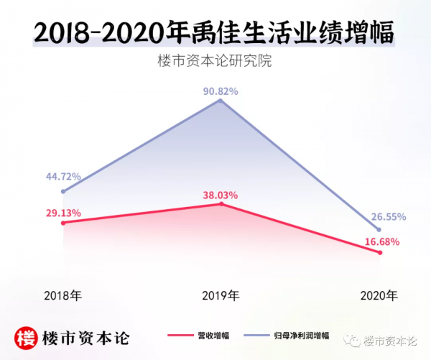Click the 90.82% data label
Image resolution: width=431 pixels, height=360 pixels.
(220, 91)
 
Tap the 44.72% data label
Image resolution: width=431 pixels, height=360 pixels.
(63, 177)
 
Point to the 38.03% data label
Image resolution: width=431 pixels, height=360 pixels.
(220, 195)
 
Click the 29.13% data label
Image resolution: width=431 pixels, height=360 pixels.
(63, 213)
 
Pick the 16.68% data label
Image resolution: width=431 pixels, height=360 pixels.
(381, 242)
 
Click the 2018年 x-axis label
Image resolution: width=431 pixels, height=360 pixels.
(62, 295)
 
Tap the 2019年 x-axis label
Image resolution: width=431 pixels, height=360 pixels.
(220, 295)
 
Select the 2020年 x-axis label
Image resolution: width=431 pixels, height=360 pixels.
(379, 295)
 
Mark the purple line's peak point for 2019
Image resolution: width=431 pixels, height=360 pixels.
(221, 101)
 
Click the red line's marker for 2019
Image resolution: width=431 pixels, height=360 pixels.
(221, 204)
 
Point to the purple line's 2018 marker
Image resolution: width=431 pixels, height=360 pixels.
(63, 191)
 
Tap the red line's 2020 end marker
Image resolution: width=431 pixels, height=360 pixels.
(379, 252)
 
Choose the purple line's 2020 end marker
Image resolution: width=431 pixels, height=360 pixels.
(379, 228)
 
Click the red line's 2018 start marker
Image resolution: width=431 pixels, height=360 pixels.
(63, 223)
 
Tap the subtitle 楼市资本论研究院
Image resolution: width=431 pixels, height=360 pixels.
(215, 61)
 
